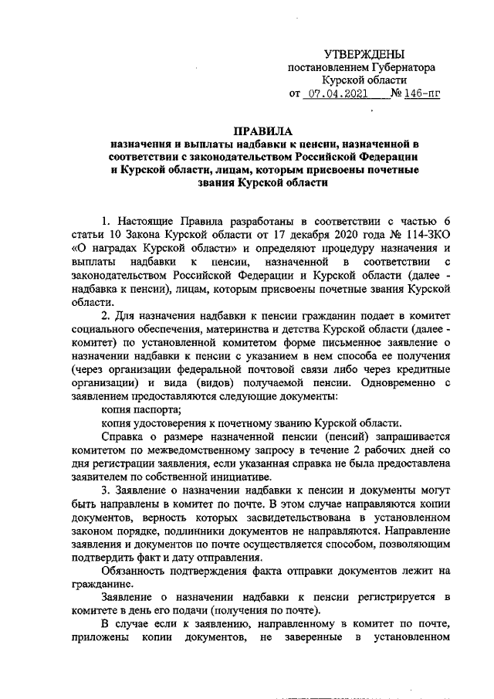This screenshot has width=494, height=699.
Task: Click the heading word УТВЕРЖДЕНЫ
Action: pos(364,53)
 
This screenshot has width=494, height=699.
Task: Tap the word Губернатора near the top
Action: pos(399,67)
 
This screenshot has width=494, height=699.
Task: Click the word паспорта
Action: pos(155,409)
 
